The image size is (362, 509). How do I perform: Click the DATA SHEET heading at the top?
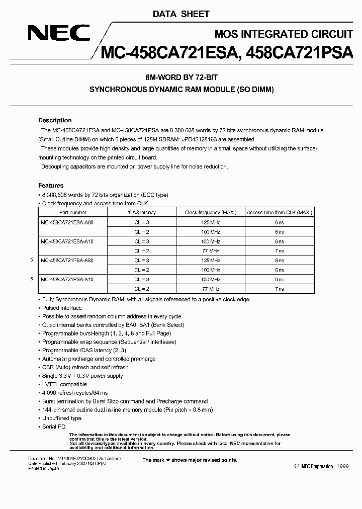point(181,14)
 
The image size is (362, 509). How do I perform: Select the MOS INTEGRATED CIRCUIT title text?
point(283,34)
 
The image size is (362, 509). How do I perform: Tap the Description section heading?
point(55,121)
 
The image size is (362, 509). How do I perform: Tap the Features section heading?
point(51,186)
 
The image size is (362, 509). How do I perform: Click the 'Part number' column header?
point(72,213)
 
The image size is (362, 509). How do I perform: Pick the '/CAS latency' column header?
point(141,213)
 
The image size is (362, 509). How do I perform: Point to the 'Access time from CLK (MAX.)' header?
point(279,213)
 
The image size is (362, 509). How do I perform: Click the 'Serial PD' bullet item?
point(54,427)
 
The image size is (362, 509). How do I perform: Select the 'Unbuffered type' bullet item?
point(62,418)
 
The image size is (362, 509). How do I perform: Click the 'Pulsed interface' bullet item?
point(62,308)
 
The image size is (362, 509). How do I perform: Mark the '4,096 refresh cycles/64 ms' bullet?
point(75,393)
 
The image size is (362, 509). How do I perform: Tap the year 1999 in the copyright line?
point(341,467)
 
